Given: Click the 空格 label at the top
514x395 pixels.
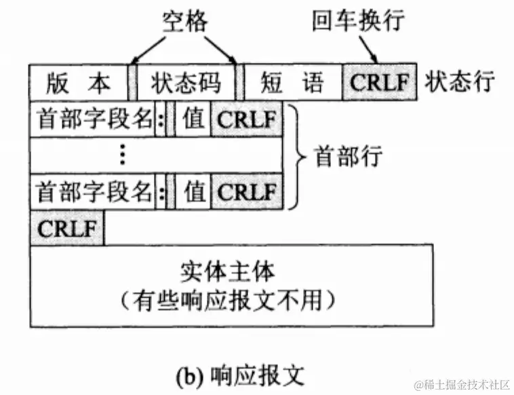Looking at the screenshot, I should click(184, 21).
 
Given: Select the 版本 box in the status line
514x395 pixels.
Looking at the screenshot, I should click(78, 83).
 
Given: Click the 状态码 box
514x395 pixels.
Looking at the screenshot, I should click(186, 83).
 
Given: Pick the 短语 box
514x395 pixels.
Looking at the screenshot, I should click(292, 83).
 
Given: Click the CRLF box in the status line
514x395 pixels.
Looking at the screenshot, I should click(380, 83).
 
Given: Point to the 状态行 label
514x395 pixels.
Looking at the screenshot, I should click(460, 83).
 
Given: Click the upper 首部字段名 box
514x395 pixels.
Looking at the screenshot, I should click(92, 119).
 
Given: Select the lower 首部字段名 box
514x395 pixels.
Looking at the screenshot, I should click(92, 191).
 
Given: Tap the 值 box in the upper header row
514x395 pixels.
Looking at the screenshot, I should click(194, 119).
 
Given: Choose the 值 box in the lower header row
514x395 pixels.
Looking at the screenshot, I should click(194, 191).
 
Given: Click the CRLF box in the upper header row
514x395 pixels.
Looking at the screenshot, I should click(247, 119).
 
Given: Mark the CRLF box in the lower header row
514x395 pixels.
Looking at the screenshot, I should click(247, 191).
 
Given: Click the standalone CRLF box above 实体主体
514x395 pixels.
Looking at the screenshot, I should click(66, 228).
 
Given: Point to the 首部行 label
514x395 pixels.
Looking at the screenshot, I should click(349, 157).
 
